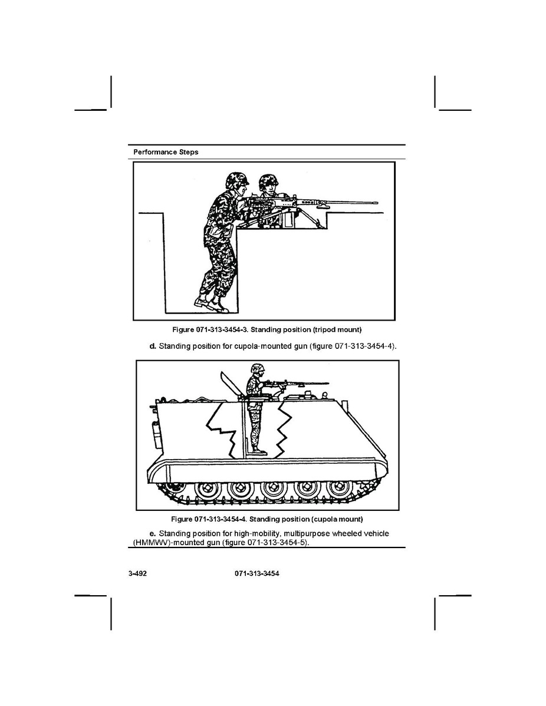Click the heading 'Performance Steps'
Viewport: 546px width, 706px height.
tap(166, 152)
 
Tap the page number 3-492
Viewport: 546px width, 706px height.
tap(138, 573)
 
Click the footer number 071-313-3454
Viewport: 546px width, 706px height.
tap(256, 573)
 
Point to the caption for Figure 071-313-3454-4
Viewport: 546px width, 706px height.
tap(267, 519)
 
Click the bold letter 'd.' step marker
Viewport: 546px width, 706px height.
tap(153, 347)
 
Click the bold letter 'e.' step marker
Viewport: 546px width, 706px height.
tap(153, 533)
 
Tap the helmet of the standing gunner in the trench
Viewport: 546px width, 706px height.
tap(237, 180)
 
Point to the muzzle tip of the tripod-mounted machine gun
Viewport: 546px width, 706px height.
tap(377, 203)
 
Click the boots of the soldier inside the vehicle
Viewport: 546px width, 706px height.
tap(259, 451)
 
